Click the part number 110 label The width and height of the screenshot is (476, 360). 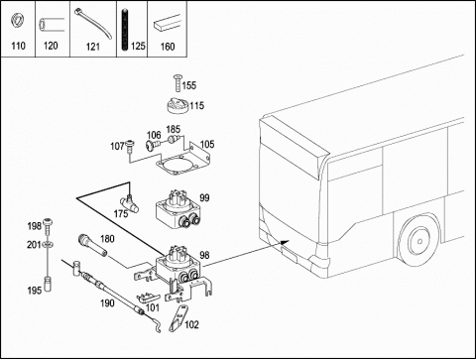point(18,46)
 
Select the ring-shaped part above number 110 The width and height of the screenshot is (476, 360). point(16,21)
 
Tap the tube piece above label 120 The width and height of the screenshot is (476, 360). point(51,26)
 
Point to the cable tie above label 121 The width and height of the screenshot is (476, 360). point(93,24)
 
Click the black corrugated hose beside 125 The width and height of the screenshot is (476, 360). point(125,31)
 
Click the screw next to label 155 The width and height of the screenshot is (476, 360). point(178,83)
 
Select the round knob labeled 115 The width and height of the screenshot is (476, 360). point(178,106)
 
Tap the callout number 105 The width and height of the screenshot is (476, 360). point(207,145)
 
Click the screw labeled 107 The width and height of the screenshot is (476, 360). point(131,146)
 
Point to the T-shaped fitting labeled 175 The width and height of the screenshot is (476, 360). point(130,202)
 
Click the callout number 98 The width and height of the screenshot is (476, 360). point(204,255)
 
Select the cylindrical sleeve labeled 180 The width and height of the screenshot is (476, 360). point(92,245)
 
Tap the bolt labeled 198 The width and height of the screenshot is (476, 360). point(49,225)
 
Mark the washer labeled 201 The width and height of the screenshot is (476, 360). point(49,244)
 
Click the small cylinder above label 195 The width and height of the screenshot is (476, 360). point(49,284)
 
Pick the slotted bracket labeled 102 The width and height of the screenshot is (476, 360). point(178,318)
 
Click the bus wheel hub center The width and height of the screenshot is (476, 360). point(419,241)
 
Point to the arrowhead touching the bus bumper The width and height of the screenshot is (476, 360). point(285,242)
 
